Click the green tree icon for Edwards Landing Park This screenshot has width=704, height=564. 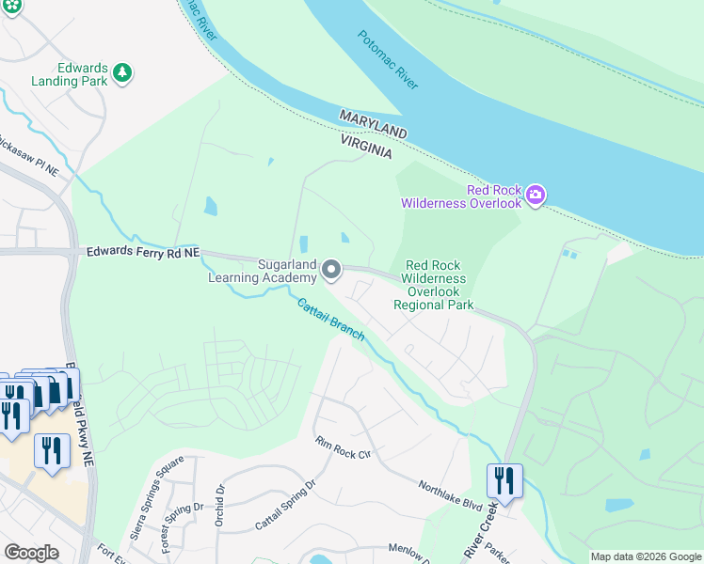pos(121,72)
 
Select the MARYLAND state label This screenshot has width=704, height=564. pos(373,122)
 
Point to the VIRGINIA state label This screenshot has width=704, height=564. pos(366,146)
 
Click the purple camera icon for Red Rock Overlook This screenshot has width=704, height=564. pos(536,195)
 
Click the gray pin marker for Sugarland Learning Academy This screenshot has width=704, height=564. pos(331,271)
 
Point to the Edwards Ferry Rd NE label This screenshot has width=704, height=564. pos(142,252)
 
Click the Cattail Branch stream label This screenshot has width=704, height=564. pos(332,320)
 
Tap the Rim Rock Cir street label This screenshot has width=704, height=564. pos(344,447)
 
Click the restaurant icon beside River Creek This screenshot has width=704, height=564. pos(504,482)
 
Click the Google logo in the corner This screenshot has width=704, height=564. pos(31,553)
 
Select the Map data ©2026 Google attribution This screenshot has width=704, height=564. pos(645,556)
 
